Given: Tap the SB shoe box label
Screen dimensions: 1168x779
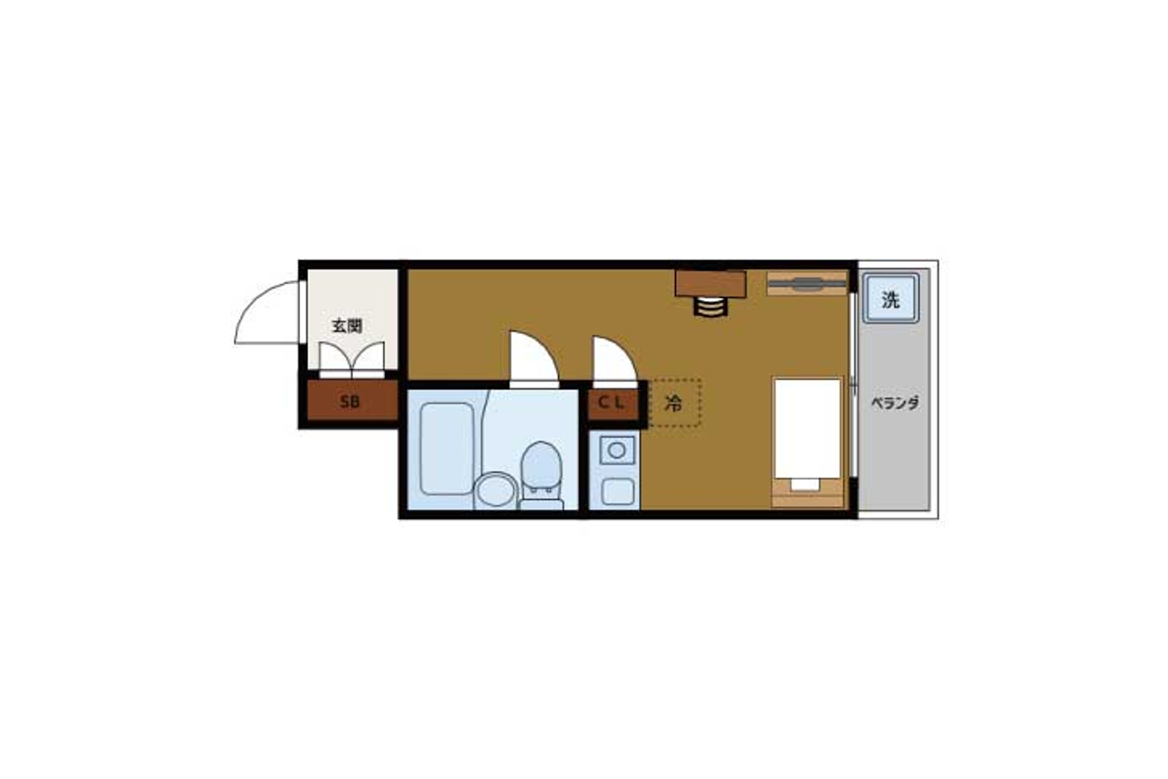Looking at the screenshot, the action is tap(350, 401).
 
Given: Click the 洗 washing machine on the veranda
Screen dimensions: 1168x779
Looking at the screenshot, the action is tap(890, 299).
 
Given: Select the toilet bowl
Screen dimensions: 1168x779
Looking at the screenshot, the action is tap(541, 474).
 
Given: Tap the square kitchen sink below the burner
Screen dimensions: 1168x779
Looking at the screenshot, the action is tap(617, 492).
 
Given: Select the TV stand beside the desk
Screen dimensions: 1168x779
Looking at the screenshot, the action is tap(806, 283).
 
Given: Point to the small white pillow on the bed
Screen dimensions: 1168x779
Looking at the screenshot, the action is tap(805, 484).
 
